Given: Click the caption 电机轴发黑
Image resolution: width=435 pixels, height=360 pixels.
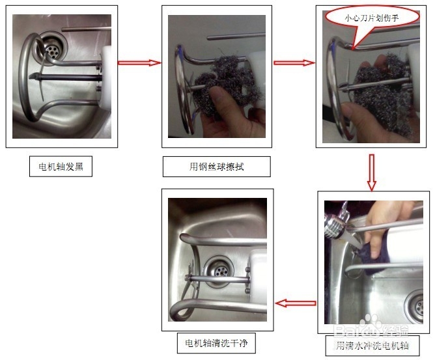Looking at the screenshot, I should point(61,167).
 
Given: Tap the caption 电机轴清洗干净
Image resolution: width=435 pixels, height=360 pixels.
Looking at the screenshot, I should point(216,342).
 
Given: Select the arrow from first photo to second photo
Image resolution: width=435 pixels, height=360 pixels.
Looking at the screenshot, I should point(139,62).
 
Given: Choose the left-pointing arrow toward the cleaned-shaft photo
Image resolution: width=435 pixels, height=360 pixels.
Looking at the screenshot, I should point(296,303).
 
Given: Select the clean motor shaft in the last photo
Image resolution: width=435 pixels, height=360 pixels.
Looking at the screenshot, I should point(218,279).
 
